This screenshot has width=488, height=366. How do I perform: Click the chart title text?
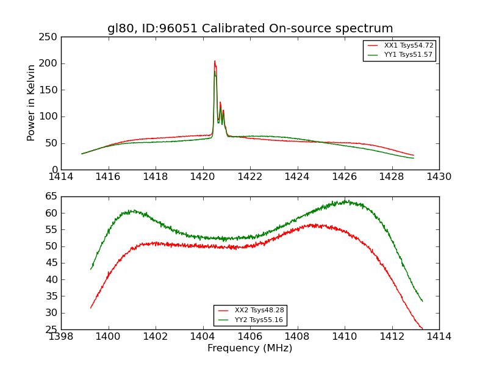(250, 29)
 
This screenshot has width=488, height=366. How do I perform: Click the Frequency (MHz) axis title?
(250, 348)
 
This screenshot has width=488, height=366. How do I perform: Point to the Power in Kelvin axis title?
(31, 102)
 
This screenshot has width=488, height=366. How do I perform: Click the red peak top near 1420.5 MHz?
(215, 61)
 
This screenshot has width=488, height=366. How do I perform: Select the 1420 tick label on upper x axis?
(203, 177)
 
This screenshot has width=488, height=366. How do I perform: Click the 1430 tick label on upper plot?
(439, 177)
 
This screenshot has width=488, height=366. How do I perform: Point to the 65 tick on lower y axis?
(52, 196)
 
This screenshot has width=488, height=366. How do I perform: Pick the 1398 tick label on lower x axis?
(61, 337)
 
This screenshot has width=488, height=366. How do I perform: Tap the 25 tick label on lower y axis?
(52, 329)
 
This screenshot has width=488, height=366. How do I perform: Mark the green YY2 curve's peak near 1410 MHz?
(345, 201)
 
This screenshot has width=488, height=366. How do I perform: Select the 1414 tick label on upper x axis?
(61, 177)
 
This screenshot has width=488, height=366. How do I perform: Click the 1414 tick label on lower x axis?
(439, 337)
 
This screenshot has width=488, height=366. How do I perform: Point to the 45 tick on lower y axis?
(52, 263)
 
